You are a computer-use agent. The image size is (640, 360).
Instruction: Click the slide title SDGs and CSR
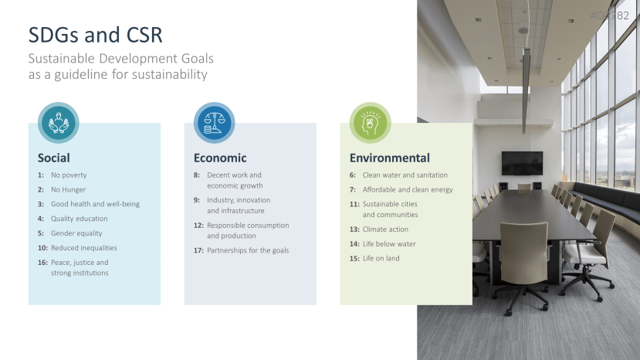coord(95,35)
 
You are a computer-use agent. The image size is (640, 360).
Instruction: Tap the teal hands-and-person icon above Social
coord(59,123)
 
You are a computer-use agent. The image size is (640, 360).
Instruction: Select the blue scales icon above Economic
coord(215,123)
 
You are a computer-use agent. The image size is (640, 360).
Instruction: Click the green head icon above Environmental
coord(371,123)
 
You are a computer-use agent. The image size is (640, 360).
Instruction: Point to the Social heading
coord(54,158)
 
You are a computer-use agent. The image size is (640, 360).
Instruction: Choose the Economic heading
coord(220,158)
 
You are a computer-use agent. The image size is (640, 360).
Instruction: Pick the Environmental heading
coord(390,158)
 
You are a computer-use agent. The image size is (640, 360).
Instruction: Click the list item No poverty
coord(69,175)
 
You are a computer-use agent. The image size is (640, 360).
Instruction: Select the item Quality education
coord(80,219)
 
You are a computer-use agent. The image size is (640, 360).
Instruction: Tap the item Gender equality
coord(76,233)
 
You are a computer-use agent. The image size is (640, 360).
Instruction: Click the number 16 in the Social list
coord(42,263)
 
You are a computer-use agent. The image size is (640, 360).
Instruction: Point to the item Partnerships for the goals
coord(248,250)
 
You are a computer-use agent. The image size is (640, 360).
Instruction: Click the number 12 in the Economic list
coord(198,225)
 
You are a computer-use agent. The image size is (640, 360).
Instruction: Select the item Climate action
coord(385,229)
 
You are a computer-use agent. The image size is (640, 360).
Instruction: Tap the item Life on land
coord(381,258)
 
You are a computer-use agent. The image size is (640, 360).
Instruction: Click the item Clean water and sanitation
coord(405,175)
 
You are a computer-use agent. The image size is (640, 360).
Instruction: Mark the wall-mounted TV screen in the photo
coord(522,163)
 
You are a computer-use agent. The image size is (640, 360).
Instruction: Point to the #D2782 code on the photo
coord(609,15)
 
